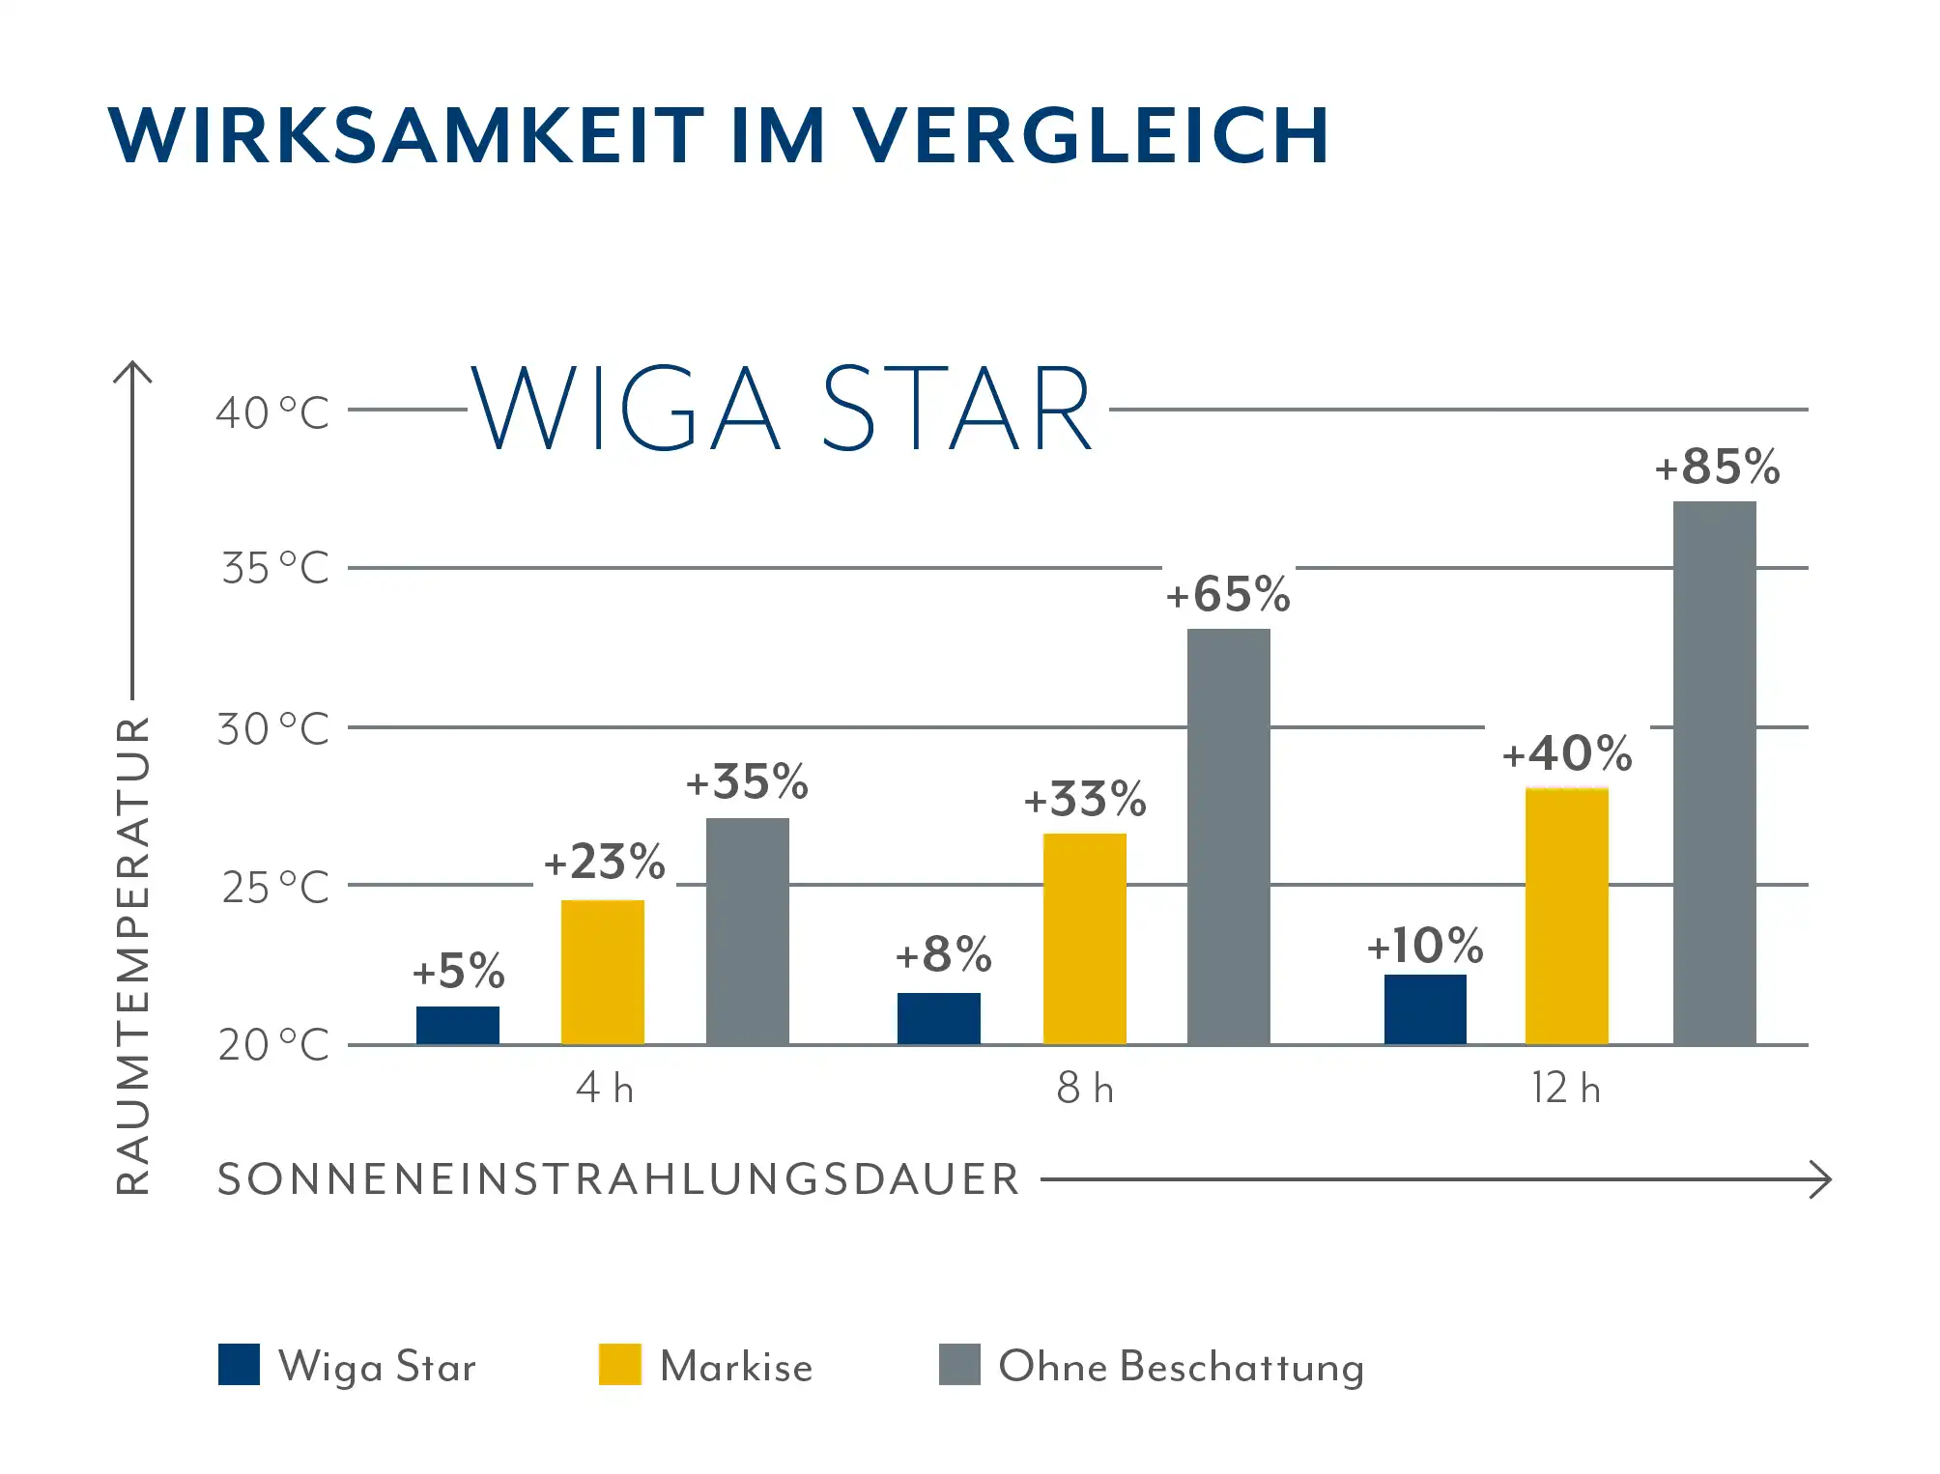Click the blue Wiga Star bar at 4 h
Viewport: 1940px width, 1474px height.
point(457,1025)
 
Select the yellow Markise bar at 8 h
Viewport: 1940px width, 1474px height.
point(1084,938)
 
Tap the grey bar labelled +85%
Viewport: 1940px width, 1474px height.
point(1714,773)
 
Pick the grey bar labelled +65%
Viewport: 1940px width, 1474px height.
point(1228,836)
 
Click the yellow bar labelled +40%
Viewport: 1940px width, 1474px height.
point(1566,916)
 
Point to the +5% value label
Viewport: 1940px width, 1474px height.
point(458,971)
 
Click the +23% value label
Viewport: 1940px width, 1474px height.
point(604,862)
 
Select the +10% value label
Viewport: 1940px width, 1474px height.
point(1424,946)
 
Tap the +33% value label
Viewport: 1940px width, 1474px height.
point(1085,800)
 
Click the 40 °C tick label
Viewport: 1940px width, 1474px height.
point(272,413)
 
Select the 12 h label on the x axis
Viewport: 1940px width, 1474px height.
point(1565,1089)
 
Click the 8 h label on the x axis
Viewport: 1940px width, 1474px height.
point(1084,1089)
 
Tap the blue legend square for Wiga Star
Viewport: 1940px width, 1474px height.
point(239,1364)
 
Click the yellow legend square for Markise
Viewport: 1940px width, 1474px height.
point(619,1364)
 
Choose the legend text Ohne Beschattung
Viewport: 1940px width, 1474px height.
point(1181,1367)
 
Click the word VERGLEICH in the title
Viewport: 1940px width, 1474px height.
point(1090,135)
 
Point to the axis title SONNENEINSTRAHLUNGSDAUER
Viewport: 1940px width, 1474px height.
point(618,1179)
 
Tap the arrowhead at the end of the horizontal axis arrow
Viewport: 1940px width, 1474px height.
point(1821,1179)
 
